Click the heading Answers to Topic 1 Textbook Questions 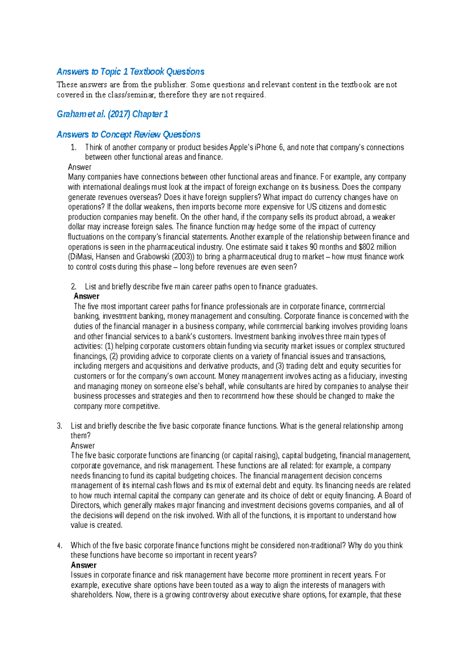tap(130, 72)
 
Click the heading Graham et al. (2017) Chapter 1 tap(112, 114)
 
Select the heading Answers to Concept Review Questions tap(128, 135)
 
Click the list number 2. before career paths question tap(73, 287)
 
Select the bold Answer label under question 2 tap(86, 297)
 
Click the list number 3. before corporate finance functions tap(59, 426)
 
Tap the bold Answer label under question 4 tap(83, 565)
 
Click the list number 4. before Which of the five tap(59, 546)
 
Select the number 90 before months tap(314, 247)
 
